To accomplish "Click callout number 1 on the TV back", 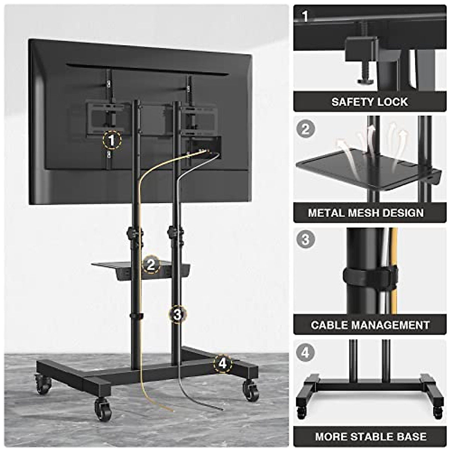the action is pyautogui.click(x=112, y=141).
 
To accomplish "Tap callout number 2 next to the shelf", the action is pyautogui.click(x=151, y=265).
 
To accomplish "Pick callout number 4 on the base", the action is pyautogui.click(x=223, y=363).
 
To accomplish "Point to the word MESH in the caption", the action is pyautogui.click(x=367, y=213).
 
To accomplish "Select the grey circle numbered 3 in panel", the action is pyautogui.click(x=305, y=239).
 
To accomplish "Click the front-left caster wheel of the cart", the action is pyautogui.click(x=103, y=409).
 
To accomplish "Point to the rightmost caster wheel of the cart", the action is pyautogui.click(x=251, y=390).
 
